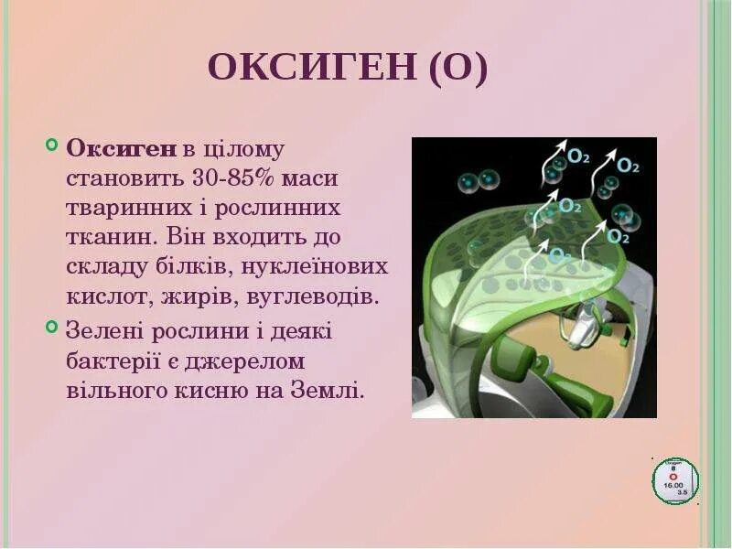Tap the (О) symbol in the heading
(x=454, y=69)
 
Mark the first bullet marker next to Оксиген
(x=50, y=145)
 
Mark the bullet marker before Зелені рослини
(x=50, y=328)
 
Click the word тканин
(x=105, y=237)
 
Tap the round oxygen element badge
(x=675, y=480)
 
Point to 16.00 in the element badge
(x=675, y=485)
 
